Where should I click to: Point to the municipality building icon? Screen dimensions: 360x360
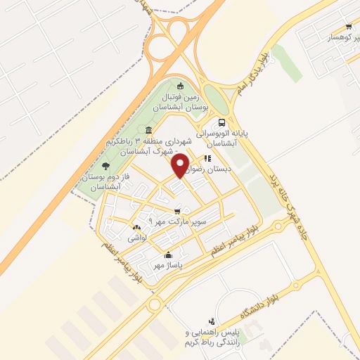pyautogui.click(x=148, y=130)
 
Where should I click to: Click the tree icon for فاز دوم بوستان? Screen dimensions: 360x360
pyautogui.click(x=105, y=167)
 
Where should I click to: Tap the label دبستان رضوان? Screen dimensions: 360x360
pyautogui.click(x=219, y=169)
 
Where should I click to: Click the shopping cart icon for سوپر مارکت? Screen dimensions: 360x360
pyautogui.click(x=177, y=210)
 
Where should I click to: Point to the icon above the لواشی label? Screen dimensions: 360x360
pyautogui.click(x=136, y=228)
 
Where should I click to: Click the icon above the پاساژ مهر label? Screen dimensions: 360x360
pyautogui.click(x=167, y=255)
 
